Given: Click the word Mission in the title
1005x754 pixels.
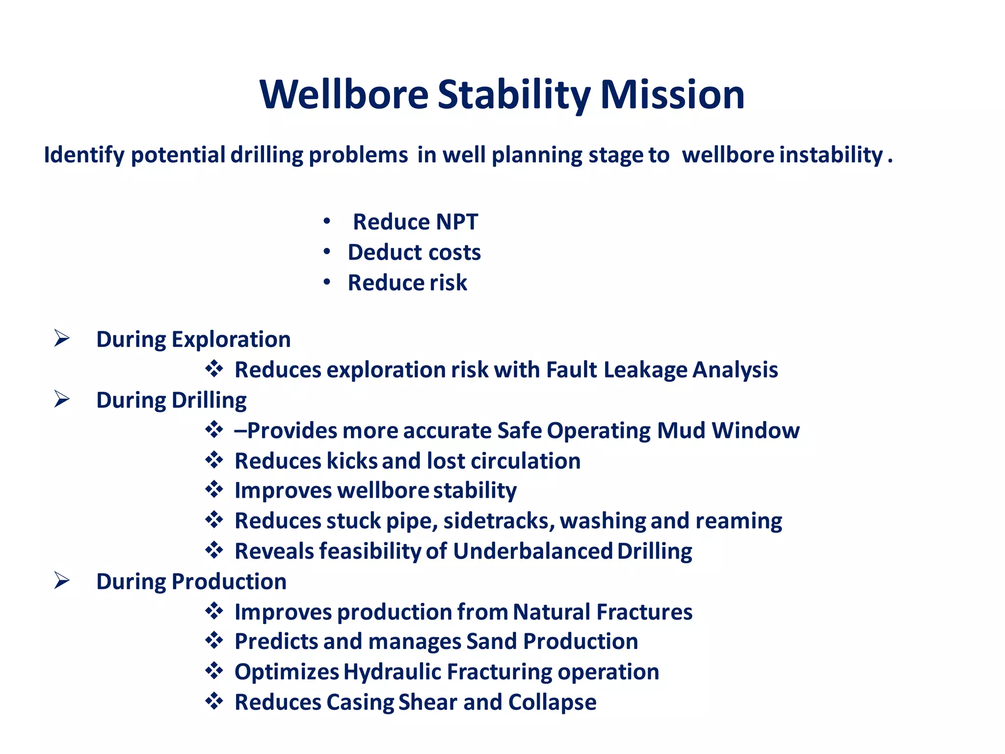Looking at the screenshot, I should [672, 94].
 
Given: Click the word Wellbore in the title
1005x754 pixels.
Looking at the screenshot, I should [344, 94].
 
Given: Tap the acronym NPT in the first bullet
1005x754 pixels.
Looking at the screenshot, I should [456, 222].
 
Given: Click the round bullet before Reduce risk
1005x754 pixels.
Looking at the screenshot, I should [327, 282].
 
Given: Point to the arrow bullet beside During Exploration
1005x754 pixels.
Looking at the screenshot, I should [62, 338].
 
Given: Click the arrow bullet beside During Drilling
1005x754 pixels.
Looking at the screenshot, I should [62, 399].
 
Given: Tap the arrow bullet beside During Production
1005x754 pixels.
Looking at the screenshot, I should [62, 581].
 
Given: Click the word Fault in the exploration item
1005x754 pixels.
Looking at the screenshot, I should [571, 370].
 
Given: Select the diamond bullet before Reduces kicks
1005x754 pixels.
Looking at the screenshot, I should [214, 460].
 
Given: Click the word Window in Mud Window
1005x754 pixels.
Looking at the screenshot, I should [756, 431].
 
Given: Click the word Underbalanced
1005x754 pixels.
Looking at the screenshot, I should [532, 551].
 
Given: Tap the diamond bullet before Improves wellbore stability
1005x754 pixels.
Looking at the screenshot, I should [214, 489].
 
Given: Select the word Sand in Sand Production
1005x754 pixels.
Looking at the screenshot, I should [492, 642].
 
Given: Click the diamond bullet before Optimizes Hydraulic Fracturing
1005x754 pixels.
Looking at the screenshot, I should [214, 671].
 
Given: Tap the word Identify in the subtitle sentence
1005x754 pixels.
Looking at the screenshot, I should [84, 155].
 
